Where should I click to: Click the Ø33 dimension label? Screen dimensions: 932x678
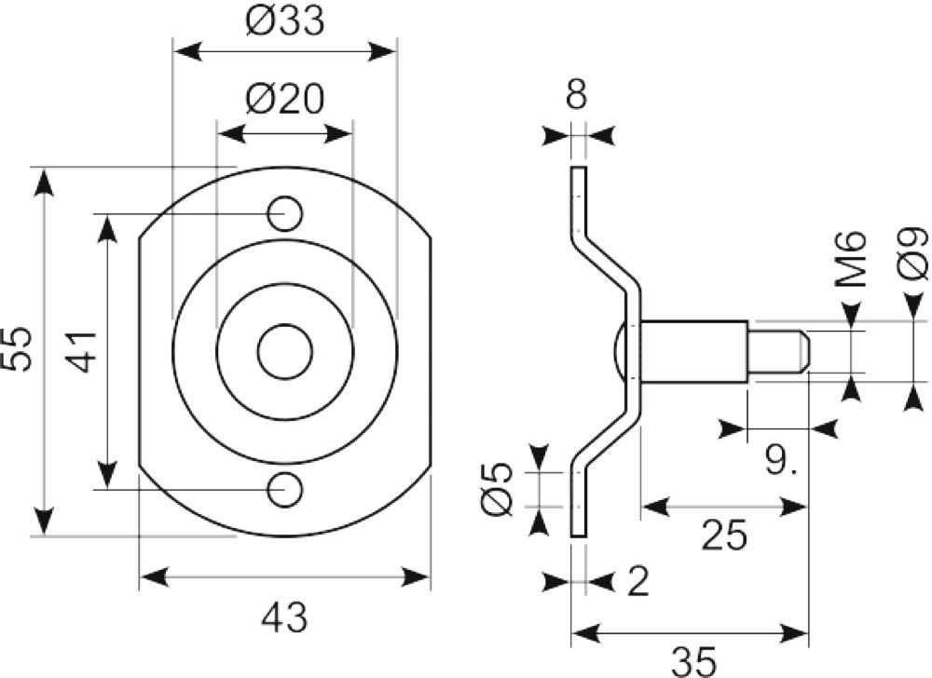(x=284, y=21)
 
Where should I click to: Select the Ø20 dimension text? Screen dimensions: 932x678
(x=284, y=99)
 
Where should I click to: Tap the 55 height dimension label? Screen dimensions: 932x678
(x=17, y=349)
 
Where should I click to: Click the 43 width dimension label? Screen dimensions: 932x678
(x=284, y=617)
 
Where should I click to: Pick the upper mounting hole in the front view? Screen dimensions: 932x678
(x=285, y=213)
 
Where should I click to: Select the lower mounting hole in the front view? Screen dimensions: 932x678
(x=285, y=490)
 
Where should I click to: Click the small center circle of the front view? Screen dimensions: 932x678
(x=285, y=351)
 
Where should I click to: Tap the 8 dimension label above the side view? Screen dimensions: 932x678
(x=576, y=94)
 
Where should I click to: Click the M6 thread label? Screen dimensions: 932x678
(x=851, y=260)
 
